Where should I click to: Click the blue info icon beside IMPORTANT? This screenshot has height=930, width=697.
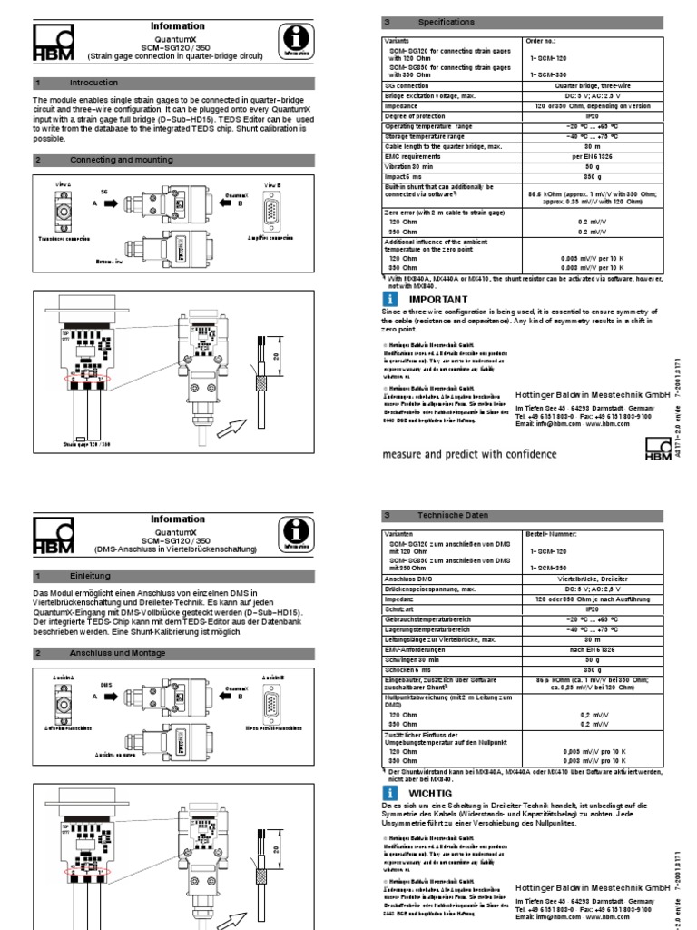[x=391, y=299]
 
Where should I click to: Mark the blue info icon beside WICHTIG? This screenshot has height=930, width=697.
[x=391, y=792]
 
